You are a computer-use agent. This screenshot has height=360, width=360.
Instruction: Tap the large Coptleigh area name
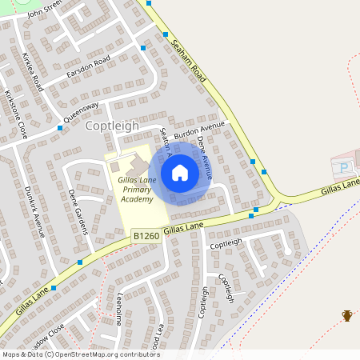coord(112,126)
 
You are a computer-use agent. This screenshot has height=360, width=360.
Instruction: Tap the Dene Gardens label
coord(78,210)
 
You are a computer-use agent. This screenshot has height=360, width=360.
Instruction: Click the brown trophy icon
coord(347,315)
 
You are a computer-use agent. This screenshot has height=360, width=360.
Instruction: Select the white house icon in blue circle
coord(180,172)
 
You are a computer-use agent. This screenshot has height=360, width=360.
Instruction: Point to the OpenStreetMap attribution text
coord(82,354)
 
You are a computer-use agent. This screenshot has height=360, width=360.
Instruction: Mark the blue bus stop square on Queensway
coord(60,127)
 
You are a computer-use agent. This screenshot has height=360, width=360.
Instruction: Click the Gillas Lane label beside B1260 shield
coord(184,230)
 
